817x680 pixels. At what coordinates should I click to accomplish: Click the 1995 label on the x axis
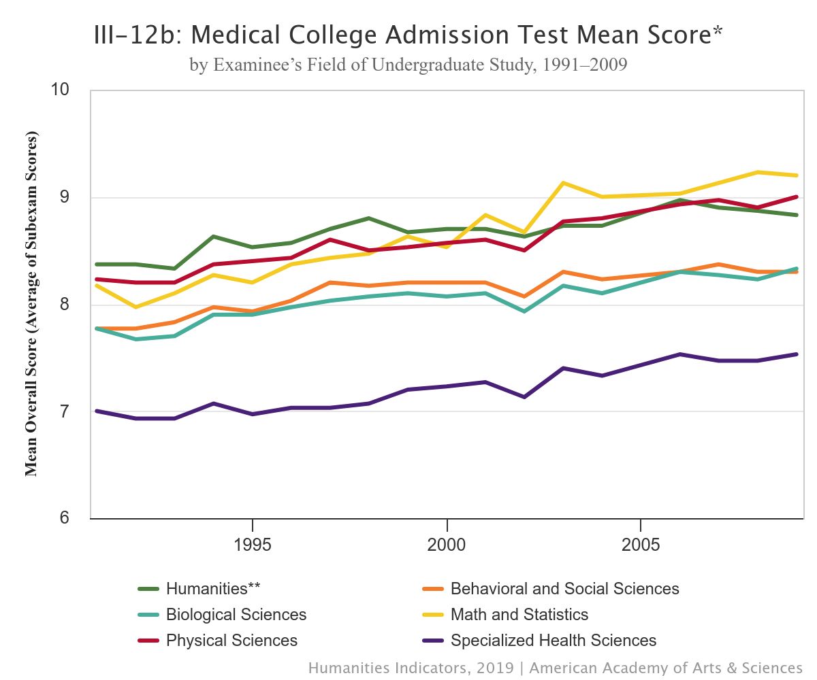pos(253,545)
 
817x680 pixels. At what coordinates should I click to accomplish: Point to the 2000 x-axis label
pos(447,545)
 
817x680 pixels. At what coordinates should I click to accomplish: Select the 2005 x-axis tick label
pos(641,545)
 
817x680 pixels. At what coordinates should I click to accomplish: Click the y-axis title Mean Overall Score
pos(31,304)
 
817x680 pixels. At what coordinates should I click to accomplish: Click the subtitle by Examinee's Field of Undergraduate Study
pos(408,65)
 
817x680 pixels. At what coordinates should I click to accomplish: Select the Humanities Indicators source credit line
pos(555,668)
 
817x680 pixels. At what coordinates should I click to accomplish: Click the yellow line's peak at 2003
pos(563,183)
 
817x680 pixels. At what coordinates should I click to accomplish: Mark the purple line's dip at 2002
pos(524,397)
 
